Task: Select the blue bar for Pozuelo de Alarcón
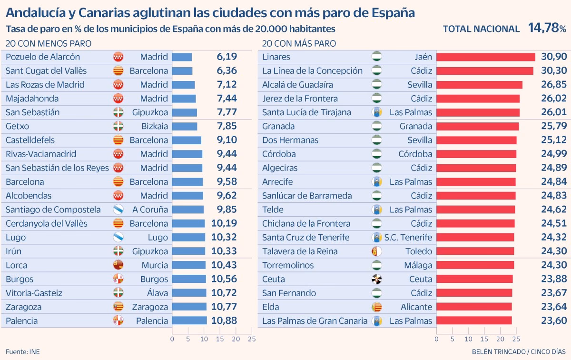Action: pos(182,57)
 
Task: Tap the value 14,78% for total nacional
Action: pos(547,28)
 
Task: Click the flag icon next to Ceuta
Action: pos(377,279)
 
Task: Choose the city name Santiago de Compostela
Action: pos(53,210)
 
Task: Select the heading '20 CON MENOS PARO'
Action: pos(49,43)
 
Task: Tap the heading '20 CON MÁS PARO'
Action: pos(299,43)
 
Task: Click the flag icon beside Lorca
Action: pos(118,265)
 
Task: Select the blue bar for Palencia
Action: pos(189,320)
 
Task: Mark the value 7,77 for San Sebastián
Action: pos(226,112)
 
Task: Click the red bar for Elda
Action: pos(474,307)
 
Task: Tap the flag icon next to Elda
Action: pos(377,307)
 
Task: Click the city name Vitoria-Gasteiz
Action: pos(34,293)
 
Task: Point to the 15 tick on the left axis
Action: pos(220,339)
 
